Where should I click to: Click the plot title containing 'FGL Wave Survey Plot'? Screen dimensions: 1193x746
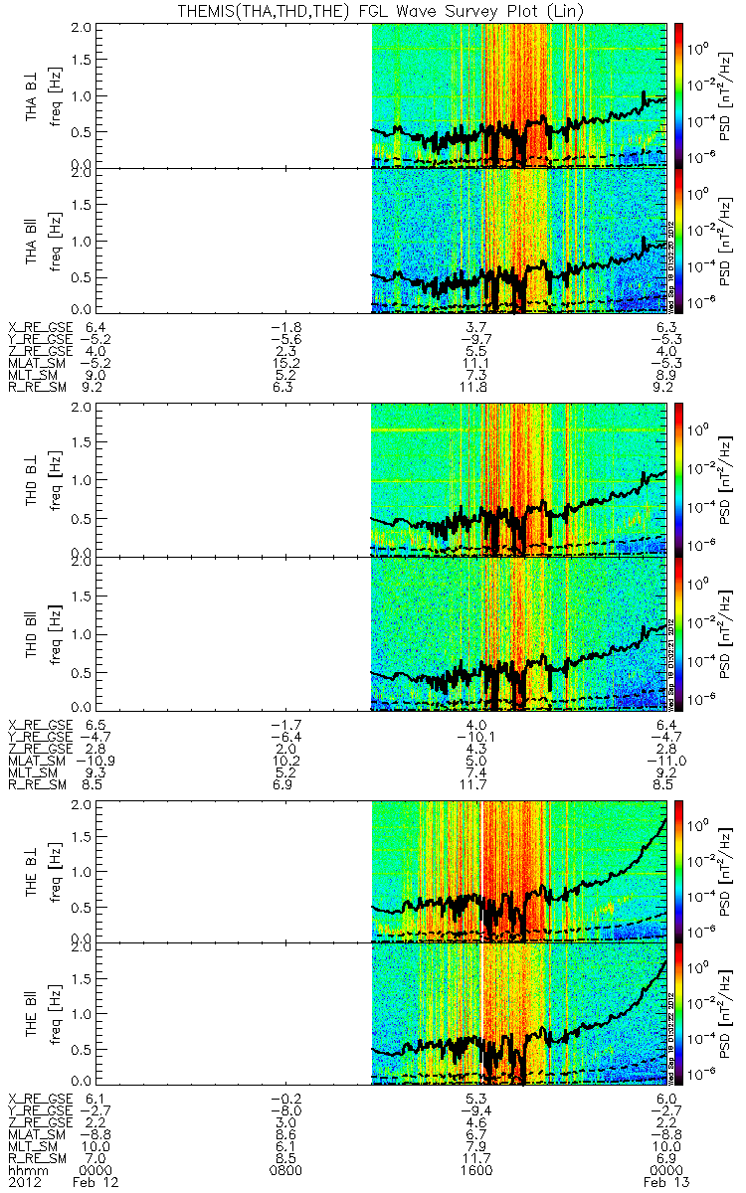[372, 11]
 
